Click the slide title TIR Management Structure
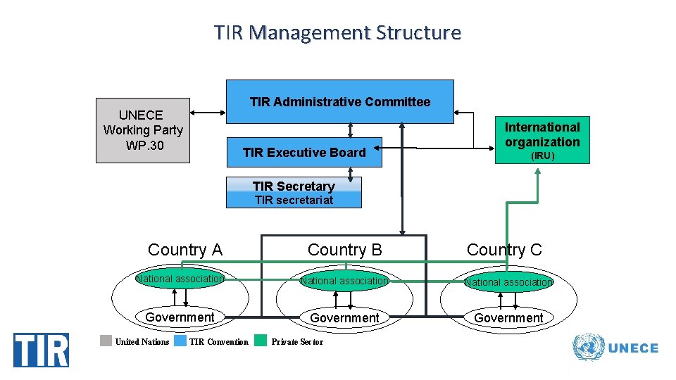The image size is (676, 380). click(x=338, y=33)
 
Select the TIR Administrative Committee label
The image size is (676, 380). click(x=339, y=102)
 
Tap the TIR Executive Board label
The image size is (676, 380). click(x=304, y=153)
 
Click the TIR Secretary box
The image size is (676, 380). click(x=294, y=192)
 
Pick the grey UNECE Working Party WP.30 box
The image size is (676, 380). click(x=143, y=130)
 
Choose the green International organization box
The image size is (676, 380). click(x=542, y=139)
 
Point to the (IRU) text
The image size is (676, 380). click(x=542, y=156)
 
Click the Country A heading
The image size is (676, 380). click(x=184, y=250)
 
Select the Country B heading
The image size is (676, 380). click(x=345, y=250)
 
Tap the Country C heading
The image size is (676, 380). click(x=504, y=250)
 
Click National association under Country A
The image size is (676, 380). click(x=180, y=279)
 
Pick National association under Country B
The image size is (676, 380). click(x=344, y=281)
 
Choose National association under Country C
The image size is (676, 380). click(x=508, y=282)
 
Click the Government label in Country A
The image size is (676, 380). click(x=180, y=317)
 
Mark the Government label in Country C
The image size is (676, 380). click(x=508, y=318)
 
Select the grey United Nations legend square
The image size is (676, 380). click(x=106, y=341)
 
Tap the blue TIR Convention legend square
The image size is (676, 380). click(x=180, y=341)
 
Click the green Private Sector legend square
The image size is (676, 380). click(x=261, y=341)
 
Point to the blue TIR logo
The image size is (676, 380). click(x=42, y=350)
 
